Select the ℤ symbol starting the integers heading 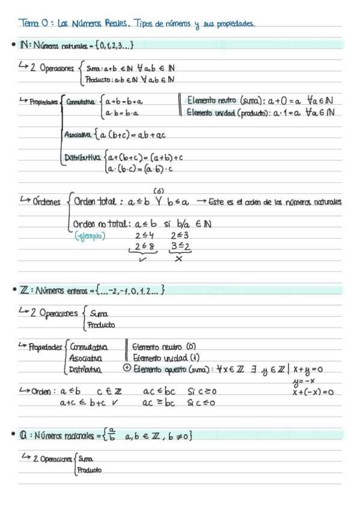click(24, 291)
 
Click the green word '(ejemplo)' click(88, 236)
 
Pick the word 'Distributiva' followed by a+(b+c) click(82, 158)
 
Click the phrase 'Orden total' click(96, 202)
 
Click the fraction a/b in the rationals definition click(113, 435)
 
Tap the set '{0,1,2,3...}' click(112, 45)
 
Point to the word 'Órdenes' click(47, 202)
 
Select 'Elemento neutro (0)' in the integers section click(162, 347)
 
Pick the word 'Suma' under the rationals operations click(85, 458)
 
